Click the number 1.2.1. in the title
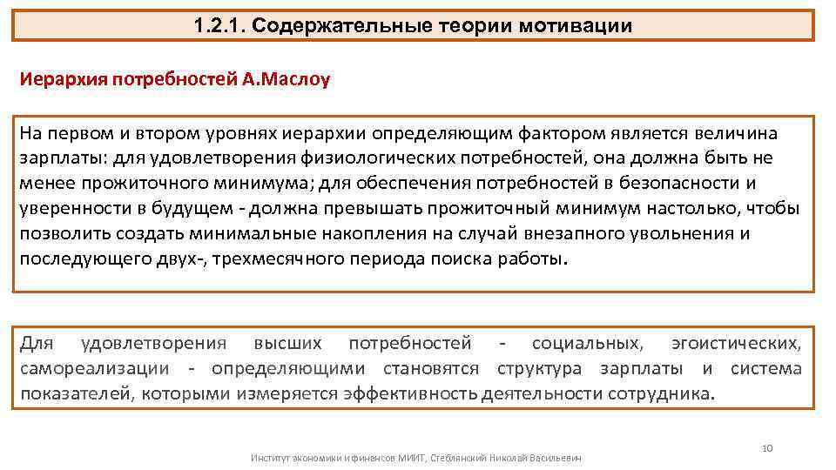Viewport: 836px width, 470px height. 222,24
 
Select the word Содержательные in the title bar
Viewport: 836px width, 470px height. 334,24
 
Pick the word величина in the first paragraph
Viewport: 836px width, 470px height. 739,134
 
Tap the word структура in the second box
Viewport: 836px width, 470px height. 539,368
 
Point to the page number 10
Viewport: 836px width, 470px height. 767,447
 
